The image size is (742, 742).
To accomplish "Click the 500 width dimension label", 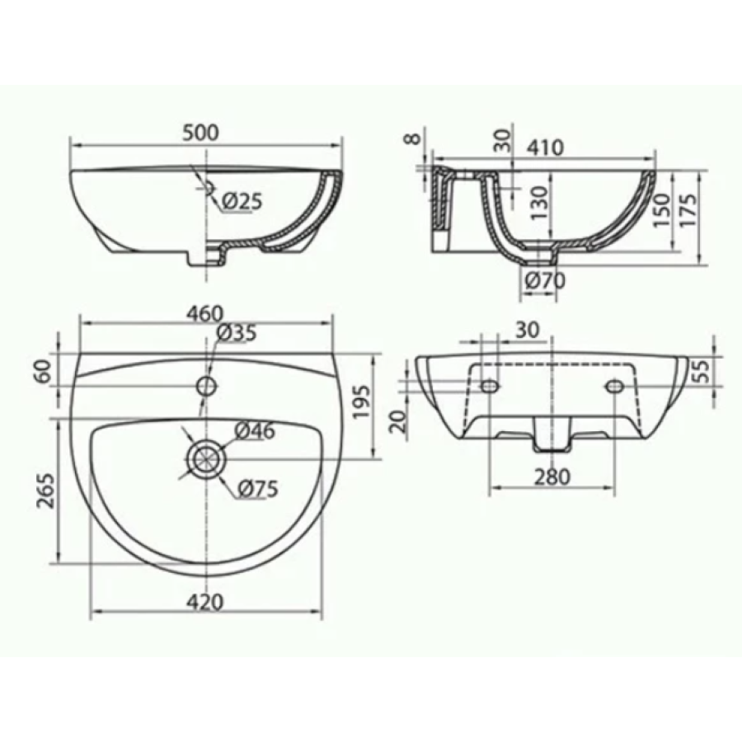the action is point(201,133).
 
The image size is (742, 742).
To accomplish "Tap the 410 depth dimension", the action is point(546,148).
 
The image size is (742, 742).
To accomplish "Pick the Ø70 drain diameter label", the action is point(546,281).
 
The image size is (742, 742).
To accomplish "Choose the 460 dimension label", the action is point(205,314).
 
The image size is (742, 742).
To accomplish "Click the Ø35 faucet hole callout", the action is point(237,333).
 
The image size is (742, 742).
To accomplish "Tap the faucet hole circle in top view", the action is point(207,386).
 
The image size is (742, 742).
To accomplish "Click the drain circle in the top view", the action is point(207,459).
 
